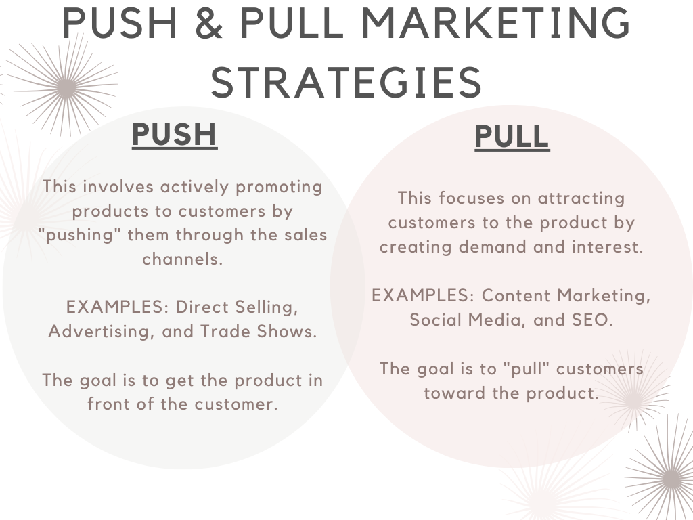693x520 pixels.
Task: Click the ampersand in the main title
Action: point(208,22)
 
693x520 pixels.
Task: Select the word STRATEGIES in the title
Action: point(346,82)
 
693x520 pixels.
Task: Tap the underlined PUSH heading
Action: point(175,135)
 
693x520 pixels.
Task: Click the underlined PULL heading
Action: point(512,137)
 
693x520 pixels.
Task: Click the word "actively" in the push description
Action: point(194,187)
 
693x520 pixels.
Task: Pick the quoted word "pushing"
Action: point(80,235)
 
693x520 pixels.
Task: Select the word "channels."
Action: point(183,259)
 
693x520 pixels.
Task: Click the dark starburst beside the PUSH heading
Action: point(66,87)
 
